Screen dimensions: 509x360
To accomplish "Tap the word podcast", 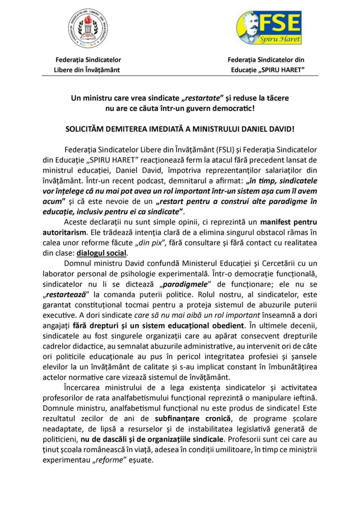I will pyautogui.click(x=141, y=181).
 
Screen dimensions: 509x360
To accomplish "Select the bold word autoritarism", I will pyautogui.click(x=64, y=232).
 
